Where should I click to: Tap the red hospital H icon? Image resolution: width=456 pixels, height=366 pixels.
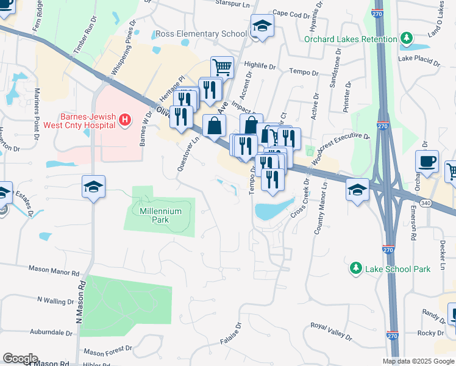[x=125, y=119]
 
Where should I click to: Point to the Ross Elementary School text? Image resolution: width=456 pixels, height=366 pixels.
[x=201, y=34]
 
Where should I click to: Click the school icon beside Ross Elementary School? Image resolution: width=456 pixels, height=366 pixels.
[x=262, y=26]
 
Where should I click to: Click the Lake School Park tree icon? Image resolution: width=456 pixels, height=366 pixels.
[x=355, y=268]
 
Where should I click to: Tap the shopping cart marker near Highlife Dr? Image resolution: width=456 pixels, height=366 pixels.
[x=223, y=67]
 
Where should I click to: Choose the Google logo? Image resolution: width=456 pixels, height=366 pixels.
[x=20, y=359]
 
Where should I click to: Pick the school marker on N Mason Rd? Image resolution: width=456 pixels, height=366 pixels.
[x=94, y=186]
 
